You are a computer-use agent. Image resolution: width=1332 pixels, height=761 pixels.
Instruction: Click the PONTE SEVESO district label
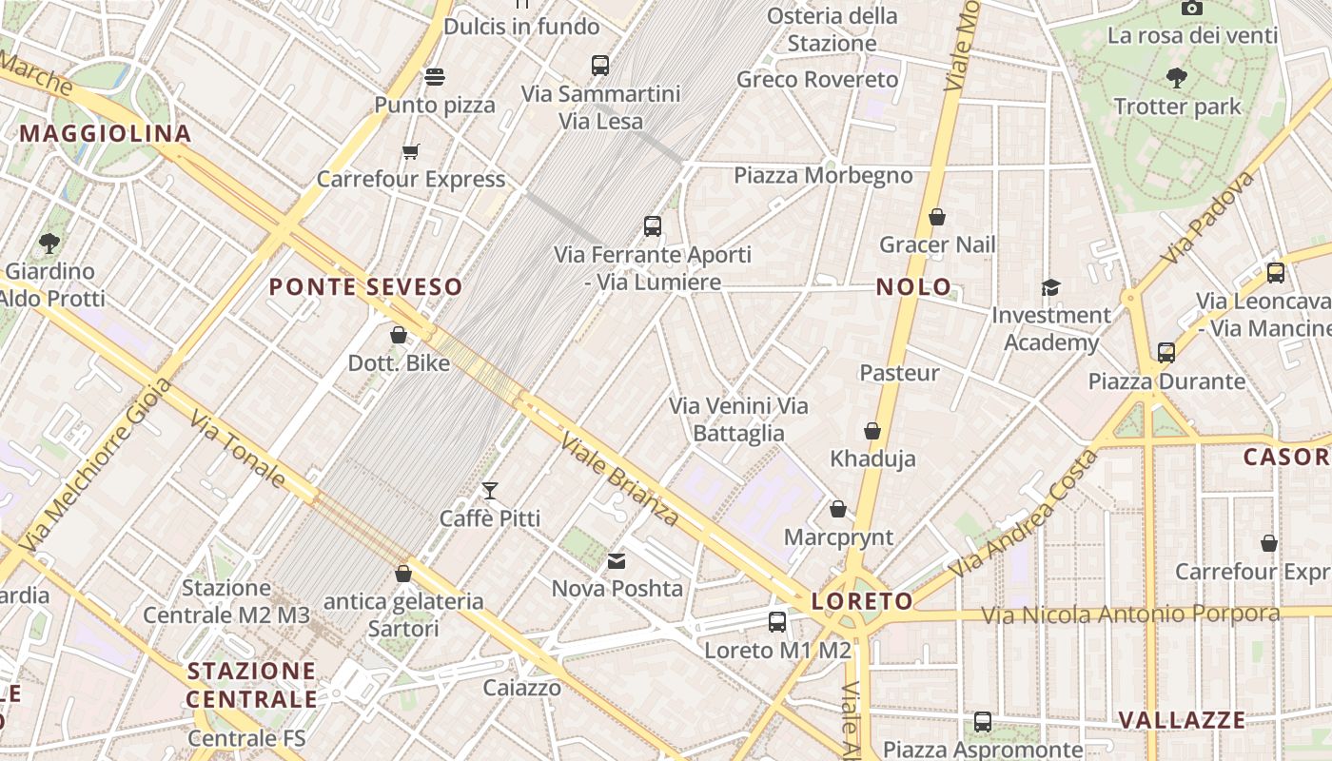365,286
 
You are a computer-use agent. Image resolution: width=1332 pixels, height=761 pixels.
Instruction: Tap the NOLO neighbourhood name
913,286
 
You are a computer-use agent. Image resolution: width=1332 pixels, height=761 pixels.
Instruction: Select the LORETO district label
862,601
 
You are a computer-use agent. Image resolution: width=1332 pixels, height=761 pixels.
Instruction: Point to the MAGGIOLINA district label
106,133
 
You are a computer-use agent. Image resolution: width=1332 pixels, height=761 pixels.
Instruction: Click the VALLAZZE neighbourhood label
1182,719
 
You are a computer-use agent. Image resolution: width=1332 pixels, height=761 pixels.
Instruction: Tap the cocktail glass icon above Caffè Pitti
490,491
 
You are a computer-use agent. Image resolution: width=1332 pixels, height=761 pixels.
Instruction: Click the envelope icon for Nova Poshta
617,561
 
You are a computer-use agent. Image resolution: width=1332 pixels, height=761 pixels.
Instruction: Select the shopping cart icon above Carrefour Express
411,151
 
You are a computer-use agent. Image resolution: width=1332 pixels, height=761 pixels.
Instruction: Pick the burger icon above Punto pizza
435,76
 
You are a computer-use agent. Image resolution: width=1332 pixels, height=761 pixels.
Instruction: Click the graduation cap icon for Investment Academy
1051,287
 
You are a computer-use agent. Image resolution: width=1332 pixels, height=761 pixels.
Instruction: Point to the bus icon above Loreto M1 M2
777,622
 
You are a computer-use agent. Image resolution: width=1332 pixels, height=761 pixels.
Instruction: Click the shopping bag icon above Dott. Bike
399,335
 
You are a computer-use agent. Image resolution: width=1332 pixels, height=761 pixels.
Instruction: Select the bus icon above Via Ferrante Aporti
653,226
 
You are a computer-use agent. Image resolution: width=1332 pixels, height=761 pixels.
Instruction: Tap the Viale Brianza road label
619,479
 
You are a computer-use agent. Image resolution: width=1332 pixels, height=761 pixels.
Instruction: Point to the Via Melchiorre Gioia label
95,465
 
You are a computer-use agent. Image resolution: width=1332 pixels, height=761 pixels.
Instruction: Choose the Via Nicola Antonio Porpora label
1130,615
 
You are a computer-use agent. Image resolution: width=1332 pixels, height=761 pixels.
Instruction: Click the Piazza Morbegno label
823,175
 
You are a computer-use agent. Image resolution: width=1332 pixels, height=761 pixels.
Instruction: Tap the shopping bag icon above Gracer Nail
937,217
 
